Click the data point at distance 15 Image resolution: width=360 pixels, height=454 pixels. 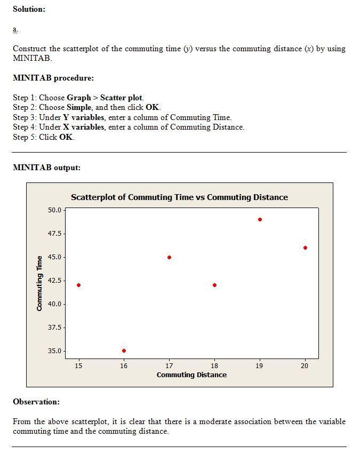(79, 285)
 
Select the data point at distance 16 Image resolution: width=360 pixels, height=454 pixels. (124, 351)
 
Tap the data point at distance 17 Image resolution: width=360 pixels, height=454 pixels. (169, 257)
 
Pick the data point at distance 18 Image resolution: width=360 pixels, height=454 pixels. (214, 285)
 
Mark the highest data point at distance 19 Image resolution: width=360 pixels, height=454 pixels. (260, 219)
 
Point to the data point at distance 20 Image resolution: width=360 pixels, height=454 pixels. (305, 248)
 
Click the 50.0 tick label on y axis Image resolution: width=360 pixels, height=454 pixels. (55, 210)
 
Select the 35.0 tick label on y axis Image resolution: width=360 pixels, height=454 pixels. (55, 351)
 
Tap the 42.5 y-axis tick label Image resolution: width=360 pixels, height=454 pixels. (55, 281)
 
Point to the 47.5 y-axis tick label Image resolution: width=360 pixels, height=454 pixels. (55, 234)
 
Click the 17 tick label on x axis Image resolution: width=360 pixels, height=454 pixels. (169, 365)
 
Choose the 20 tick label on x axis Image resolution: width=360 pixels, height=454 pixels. (305, 365)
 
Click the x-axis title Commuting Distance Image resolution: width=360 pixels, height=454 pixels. (191, 375)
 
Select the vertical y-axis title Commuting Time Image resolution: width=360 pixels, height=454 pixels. (39, 283)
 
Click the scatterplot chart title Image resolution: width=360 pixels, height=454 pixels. (179, 197)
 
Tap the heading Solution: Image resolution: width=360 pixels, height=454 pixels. (29, 9)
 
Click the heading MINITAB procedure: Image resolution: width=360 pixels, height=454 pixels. (53, 78)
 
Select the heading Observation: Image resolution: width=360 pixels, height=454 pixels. (36, 402)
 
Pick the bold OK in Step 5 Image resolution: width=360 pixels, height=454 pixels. (66, 137)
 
